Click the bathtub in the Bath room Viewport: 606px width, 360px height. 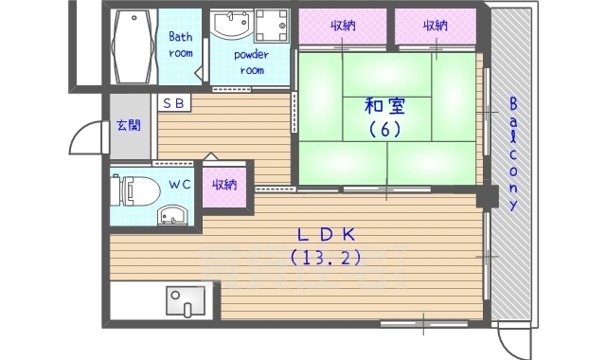pos(134,46)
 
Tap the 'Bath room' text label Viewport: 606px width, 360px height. pos(181,45)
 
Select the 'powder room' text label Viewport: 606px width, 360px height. pos(252,63)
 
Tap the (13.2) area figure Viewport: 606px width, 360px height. pos(327,257)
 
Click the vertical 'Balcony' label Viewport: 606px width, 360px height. pos(513,153)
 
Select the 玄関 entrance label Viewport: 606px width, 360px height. pos(129,125)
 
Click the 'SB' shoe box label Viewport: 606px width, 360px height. pos(174,102)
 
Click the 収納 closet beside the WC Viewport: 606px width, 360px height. pos(224,186)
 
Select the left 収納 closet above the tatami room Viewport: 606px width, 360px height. pos(343,26)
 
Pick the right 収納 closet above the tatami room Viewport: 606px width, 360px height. pos(436,26)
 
